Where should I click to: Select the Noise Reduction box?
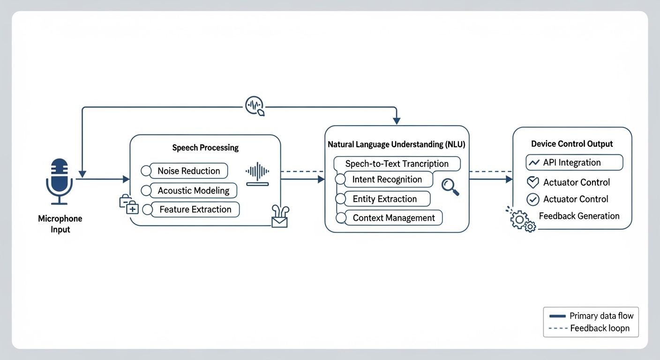click(188, 171)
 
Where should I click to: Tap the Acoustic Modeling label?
click(194, 191)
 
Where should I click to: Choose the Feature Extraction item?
click(195, 210)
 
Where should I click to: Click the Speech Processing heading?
click(205, 148)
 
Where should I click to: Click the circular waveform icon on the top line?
click(255, 105)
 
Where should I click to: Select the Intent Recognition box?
click(387, 180)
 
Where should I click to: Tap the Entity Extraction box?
click(384, 199)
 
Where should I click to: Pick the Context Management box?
click(393, 218)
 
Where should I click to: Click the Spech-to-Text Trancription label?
click(397, 164)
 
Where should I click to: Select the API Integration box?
click(574, 163)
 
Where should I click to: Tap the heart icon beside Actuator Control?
click(533, 182)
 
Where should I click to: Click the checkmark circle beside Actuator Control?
click(533, 199)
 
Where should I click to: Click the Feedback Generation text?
click(579, 216)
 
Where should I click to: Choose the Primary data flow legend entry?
click(591, 316)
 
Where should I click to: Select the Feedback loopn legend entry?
click(591, 328)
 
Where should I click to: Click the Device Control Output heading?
click(572, 144)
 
